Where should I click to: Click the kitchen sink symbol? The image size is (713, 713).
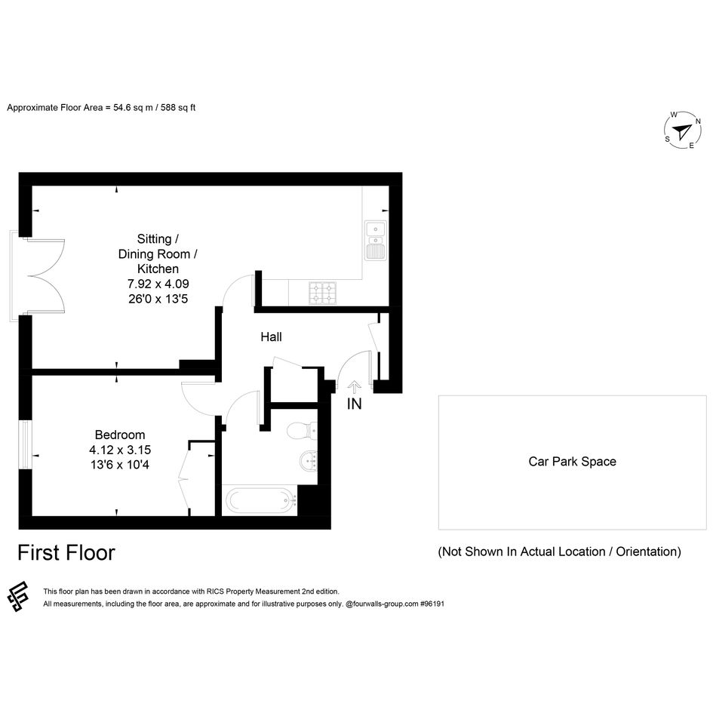376,241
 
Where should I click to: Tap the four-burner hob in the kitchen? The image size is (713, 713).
323,293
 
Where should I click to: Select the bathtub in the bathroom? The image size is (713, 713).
261,500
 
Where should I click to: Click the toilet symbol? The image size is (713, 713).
302,430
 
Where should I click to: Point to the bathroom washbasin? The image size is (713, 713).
309,462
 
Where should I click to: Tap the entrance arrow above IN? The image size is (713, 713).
354,387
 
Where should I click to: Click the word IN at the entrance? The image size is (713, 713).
354,404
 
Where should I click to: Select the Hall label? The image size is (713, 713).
271,337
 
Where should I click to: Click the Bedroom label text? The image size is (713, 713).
120,435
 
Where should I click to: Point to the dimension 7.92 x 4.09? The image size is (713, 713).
158,284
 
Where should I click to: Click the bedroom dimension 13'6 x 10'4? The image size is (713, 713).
120,465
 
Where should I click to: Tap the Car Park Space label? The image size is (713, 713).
572,462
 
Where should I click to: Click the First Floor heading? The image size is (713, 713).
66,553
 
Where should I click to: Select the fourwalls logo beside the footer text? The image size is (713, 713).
18,597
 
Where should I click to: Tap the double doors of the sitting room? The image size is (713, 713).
47,275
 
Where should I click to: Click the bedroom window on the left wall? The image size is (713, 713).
26,444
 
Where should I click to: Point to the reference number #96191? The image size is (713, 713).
432,604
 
